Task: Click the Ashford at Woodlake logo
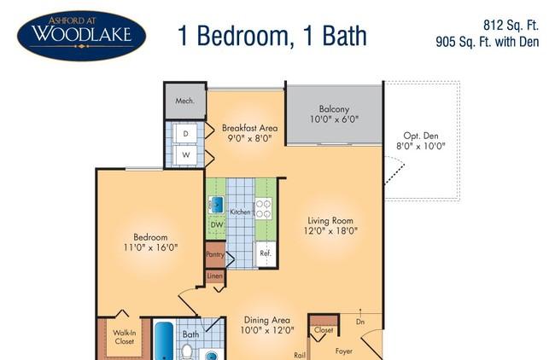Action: (81, 36)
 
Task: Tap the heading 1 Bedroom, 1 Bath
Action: (272, 36)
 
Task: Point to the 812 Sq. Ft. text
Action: (511, 25)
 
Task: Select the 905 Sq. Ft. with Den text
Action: (487, 42)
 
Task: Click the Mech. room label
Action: (184, 101)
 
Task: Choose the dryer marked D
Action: (185, 134)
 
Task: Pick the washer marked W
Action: (186, 155)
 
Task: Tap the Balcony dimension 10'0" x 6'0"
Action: (334, 119)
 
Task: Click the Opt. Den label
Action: (421, 136)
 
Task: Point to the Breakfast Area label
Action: (249, 128)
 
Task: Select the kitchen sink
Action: (216, 205)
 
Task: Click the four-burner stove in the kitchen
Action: (264, 209)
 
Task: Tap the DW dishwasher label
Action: (217, 224)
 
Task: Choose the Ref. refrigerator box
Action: (266, 253)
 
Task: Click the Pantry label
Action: (215, 254)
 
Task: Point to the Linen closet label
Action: (215, 276)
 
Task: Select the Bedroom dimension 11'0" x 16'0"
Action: (150, 247)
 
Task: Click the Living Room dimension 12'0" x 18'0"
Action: (330, 231)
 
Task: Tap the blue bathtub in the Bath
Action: (164, 340)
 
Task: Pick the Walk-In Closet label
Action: (124, 337)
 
